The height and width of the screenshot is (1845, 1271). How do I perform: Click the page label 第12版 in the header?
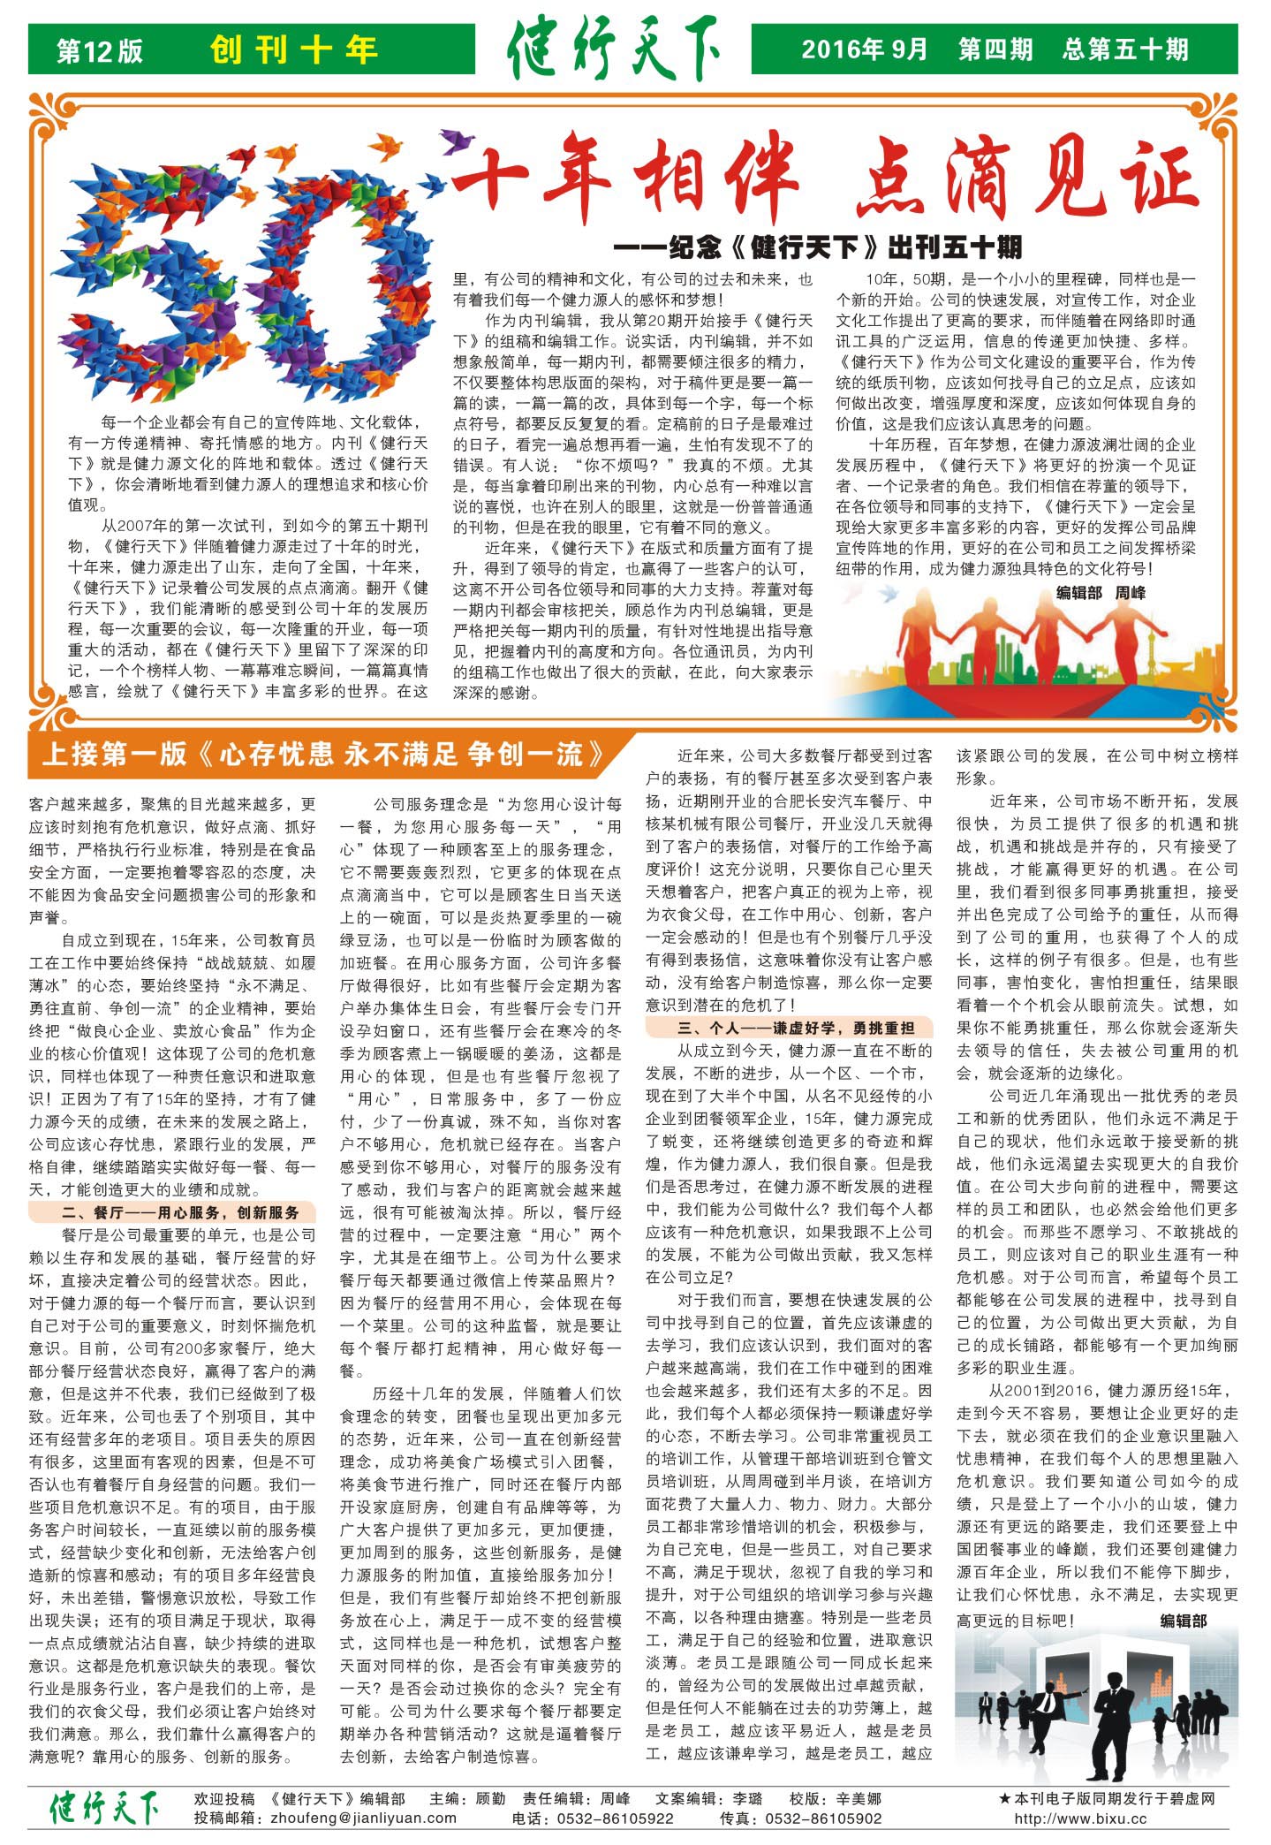[x=99, y=50]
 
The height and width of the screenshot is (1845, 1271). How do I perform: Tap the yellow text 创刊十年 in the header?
[x=294, y=49]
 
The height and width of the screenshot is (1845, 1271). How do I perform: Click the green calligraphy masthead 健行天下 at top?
[x=613, y=51]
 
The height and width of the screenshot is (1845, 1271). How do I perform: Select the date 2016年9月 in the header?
[x=864, y=49]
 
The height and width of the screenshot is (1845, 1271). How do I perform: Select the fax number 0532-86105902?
[x=823, y=1818]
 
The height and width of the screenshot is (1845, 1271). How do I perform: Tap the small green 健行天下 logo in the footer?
[x=104, y=1807]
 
